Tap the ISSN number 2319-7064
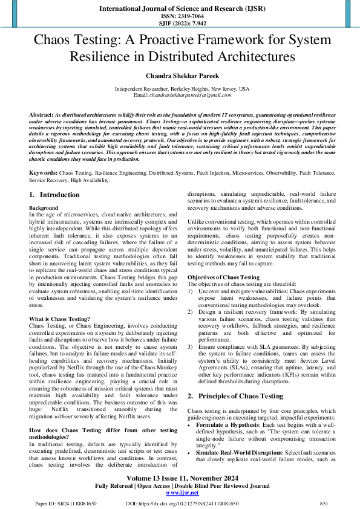(x=180, y=16)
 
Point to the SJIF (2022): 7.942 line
(x=180, y=24)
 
